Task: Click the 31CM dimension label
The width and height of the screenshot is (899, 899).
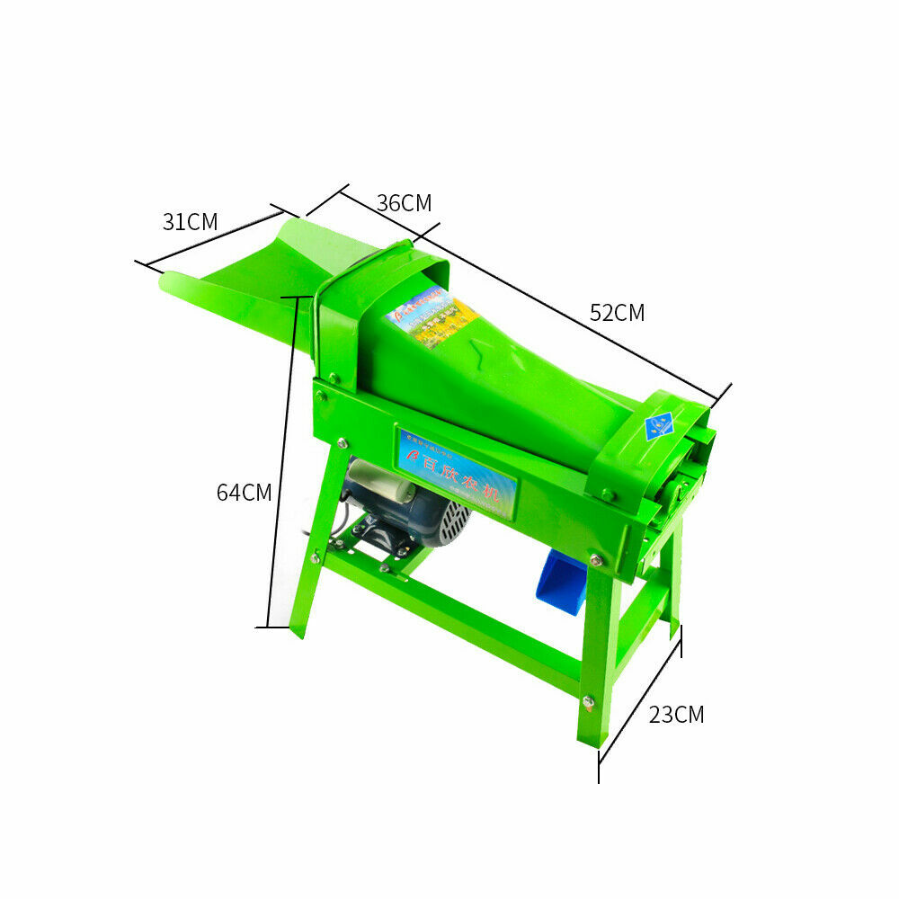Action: (190, 221)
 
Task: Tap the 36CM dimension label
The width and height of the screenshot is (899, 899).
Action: (404, 203)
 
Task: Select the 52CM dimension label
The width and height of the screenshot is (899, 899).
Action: (617, 313)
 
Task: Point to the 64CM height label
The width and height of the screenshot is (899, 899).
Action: (244, 492)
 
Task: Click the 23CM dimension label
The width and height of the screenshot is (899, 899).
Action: (676, 715)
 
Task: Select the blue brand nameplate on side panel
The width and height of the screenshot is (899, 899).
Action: (458, 473)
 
